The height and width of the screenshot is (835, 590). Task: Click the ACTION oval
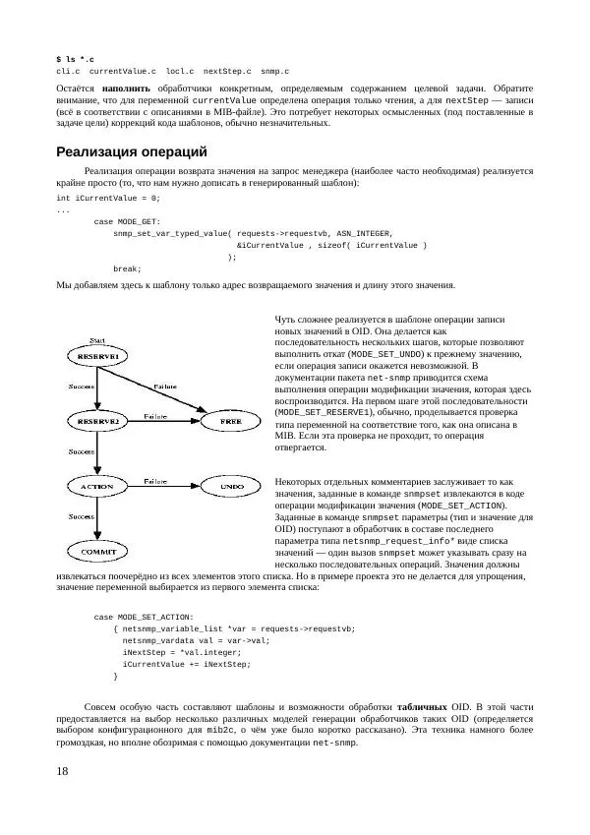coord(96,486)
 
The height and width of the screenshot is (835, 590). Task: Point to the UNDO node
coord(232,486)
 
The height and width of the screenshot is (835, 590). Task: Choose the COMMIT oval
coord(96,550)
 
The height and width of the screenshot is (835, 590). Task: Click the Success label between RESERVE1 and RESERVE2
coord(82,388)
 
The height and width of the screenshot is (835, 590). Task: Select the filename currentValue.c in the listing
coord(122,72)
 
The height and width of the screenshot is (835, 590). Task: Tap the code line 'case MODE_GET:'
coord(127,222)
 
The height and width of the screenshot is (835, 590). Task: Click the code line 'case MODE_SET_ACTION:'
coord(144,617)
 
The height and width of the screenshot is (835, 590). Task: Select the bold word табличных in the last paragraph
coord(420,706)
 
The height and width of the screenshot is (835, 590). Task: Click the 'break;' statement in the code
coord(127,268)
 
